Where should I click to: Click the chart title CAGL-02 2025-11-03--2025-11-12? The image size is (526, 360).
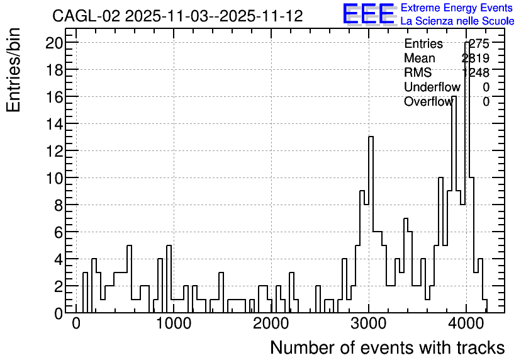pos(177,16)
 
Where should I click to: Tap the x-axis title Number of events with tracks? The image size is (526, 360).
pos(388,347)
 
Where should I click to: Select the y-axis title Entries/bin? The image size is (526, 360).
pos(13,70)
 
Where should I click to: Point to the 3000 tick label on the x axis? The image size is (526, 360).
pos(369,323)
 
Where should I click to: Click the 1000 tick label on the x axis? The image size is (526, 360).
pos(174,323)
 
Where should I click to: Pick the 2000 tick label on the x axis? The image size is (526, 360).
pos(271,323)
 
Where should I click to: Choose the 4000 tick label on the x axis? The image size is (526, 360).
pos(466,323)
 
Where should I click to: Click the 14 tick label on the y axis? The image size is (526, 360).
pos(54,124)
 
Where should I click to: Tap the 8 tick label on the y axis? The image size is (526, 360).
pos(59,205)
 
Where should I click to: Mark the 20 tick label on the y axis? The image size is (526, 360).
pos(54,43)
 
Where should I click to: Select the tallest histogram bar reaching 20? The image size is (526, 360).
pos(467,177)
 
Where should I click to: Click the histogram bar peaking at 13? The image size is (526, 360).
pos(371,225)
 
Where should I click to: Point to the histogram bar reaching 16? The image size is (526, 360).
pos(454,205)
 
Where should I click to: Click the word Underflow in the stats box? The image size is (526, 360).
pos(432,87)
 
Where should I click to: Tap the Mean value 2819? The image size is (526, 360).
pos(476,58)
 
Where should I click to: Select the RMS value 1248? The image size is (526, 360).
pos(476,72)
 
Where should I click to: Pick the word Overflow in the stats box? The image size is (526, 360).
pos(428,101)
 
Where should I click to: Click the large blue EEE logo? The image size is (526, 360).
pos(369,14)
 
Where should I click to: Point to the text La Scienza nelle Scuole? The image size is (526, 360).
pos(457,21)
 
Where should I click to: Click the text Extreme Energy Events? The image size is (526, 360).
pos(457,8)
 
